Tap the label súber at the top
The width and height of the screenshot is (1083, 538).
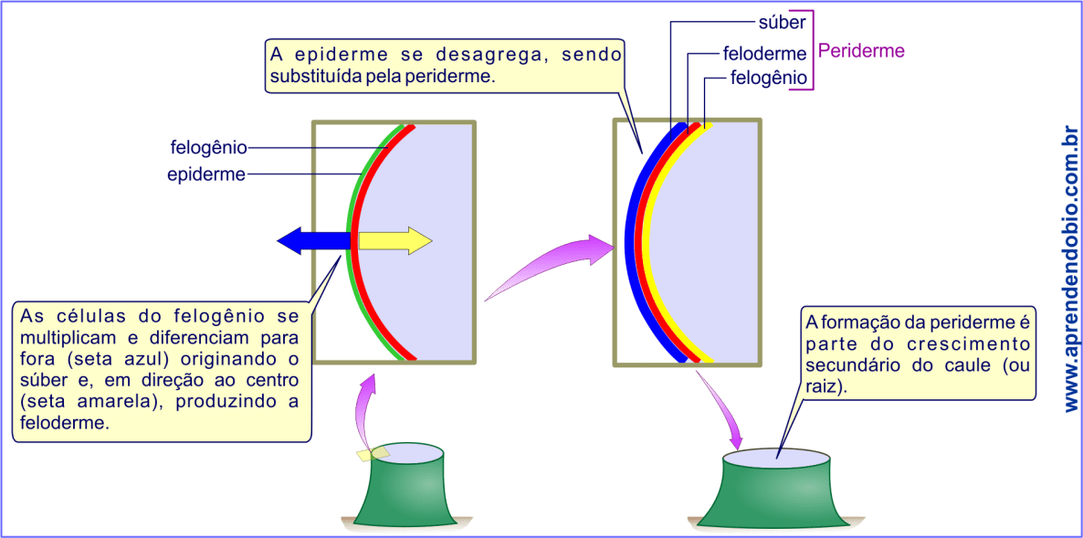coord(782,21)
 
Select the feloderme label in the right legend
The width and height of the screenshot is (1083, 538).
coord(764,55)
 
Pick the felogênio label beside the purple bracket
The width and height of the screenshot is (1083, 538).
coord(769,79)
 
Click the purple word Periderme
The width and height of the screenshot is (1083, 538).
coord(861,51)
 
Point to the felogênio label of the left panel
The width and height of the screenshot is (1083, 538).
coord(208,146)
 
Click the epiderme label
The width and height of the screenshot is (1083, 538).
coord(206,174)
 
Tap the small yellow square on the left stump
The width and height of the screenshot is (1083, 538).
coord(373,452)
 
